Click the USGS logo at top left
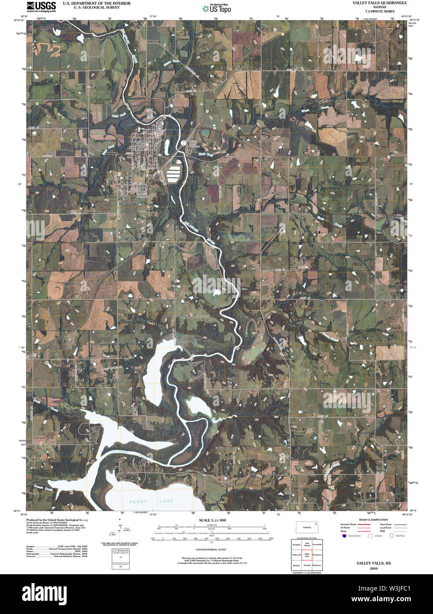pos(41,7)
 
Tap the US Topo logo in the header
pos(217,8)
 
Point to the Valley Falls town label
pos(141,144)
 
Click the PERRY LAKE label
pos(151,501)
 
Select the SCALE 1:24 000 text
pos(212,520)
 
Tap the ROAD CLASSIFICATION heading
pos(373,520)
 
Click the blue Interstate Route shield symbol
pos(344,536)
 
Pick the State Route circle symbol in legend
pos(391,536)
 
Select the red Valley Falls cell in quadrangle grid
pos(307,555)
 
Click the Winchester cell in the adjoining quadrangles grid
pos(317,555)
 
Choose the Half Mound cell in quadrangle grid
pos(307,545)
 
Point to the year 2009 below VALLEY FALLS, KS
pos(373,569)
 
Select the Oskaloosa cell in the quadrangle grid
pos(317,565)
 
